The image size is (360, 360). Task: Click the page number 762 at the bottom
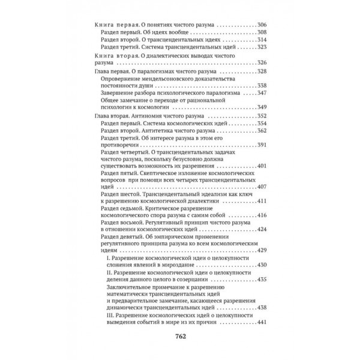[x=180, y=335]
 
